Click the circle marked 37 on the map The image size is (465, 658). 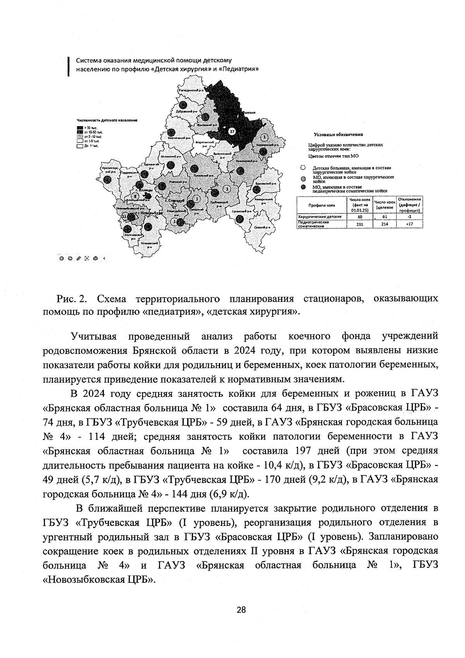[232, 131]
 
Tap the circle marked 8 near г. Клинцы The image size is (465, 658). [134, 196]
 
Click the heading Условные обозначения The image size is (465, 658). [338, 134]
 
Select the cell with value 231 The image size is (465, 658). [360, 224]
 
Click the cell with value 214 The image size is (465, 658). [384, 224]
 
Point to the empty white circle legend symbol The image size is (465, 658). [303, 168]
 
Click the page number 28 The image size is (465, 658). [241, 610]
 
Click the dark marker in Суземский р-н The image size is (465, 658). [240, 219]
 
